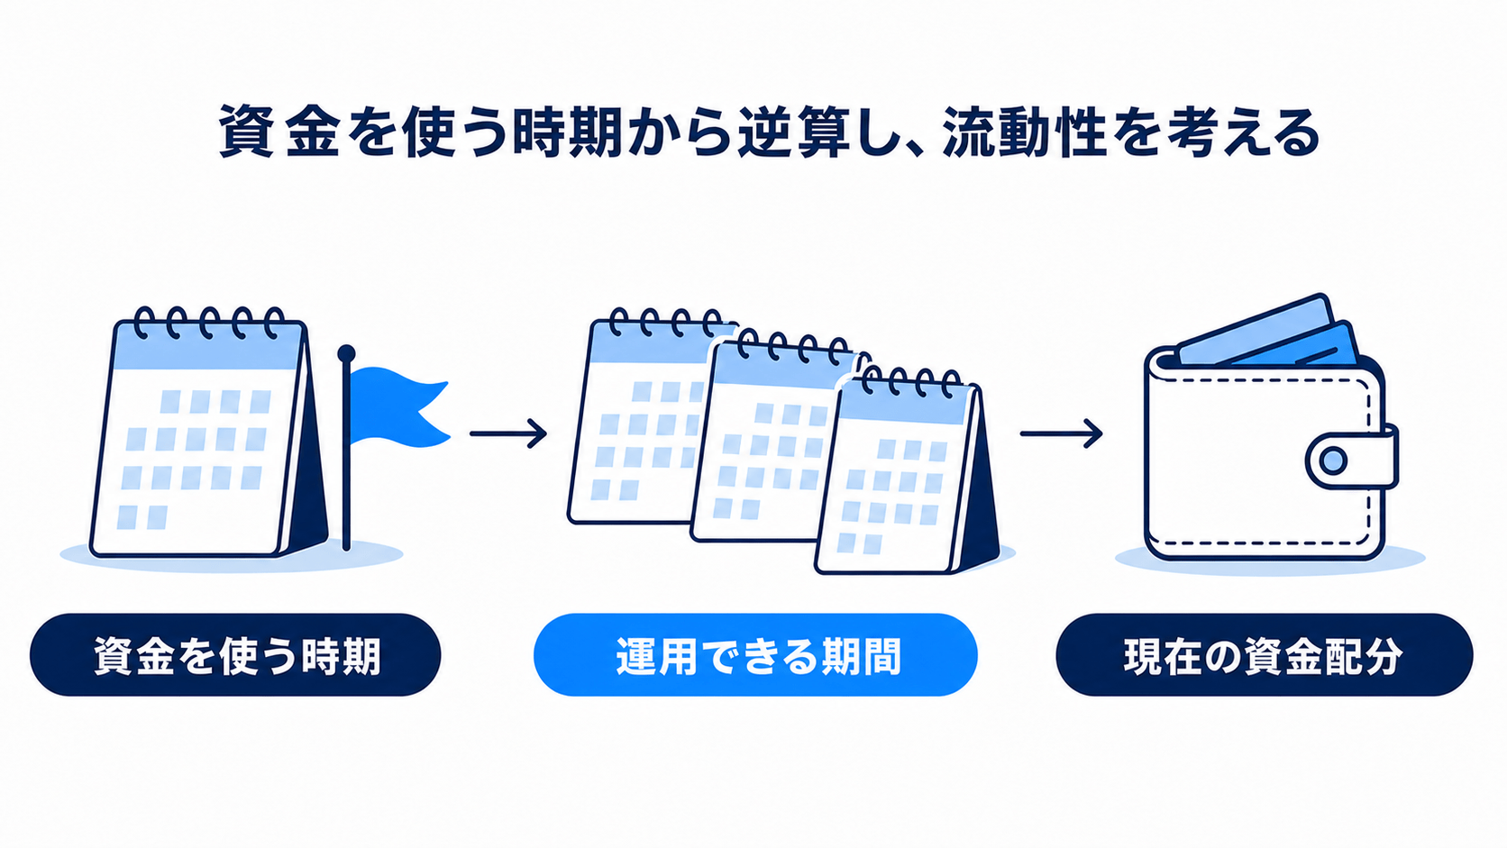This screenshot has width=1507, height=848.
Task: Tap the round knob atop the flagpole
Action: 346,354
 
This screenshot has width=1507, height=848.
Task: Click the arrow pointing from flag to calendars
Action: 508,433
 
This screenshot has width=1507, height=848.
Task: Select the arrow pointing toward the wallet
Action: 1061,433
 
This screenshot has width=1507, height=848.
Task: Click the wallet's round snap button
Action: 1333,461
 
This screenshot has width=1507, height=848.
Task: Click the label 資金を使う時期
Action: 235,655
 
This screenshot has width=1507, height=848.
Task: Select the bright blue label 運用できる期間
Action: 755,655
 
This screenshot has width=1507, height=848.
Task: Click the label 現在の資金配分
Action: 1265,655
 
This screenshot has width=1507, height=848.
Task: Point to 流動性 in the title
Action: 1023,133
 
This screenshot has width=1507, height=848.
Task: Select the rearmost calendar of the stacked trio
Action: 646,417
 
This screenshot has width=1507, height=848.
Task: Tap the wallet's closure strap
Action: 1352,460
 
